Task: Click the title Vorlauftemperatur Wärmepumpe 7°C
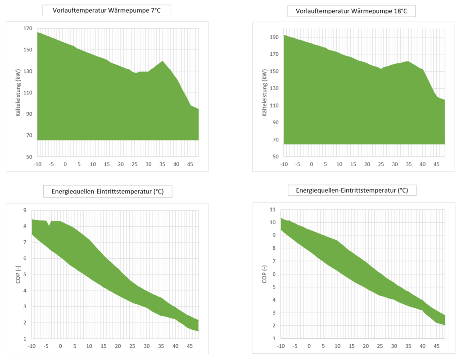(106, 10)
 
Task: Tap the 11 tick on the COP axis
(272, 210)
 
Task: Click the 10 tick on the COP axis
(272, 222)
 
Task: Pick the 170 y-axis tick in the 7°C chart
(28, 29)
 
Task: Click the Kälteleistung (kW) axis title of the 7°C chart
(18, 93)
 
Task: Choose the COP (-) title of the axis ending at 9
(18, 274)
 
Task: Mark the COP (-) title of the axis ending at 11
(264, 274)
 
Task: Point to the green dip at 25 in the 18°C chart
(381, 69)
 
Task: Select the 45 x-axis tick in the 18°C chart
(436, 164)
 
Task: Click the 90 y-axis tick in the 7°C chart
(29, 114)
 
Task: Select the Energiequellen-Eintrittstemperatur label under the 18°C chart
(352, 190)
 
